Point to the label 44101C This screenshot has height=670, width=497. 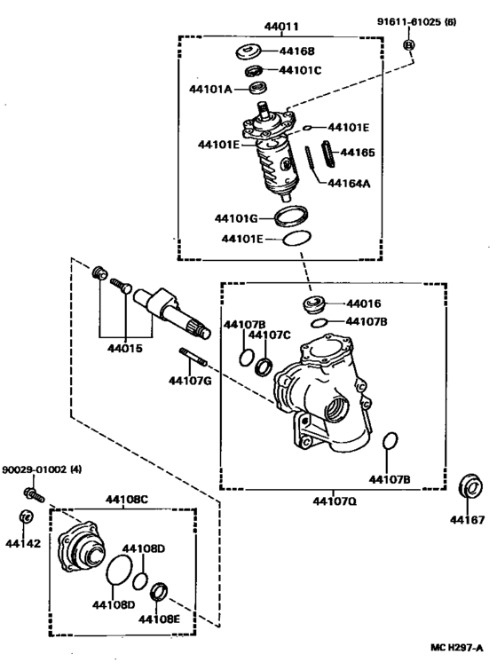pyautogui.click(x=300, y=70)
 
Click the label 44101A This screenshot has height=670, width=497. pyautogui.click(x=209, y=89)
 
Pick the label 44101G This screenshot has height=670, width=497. pyautogui.click(x=236, y=217)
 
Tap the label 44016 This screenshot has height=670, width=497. pyautogui.click(x=362, y=303)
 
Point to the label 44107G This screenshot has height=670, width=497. pyautogui.click(x=190, y=382)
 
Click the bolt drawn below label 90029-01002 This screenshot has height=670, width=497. pyautogui.click(x=32, y=491)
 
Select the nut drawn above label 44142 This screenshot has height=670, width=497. pyautogui.click(x=26, y=517)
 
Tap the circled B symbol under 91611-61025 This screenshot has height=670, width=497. pyautogui.click(x=409, y=44)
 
